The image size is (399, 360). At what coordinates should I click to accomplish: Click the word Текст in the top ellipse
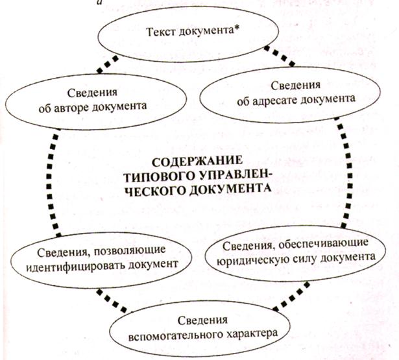161,32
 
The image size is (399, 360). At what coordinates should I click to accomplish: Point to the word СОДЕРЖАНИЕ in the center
197,162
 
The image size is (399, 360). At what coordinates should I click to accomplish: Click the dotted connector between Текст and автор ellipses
108,64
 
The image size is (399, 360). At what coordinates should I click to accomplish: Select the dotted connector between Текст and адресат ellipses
280,56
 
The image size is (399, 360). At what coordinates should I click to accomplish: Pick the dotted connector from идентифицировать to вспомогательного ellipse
112,301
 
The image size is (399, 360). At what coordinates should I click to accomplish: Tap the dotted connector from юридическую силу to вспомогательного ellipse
291,296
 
